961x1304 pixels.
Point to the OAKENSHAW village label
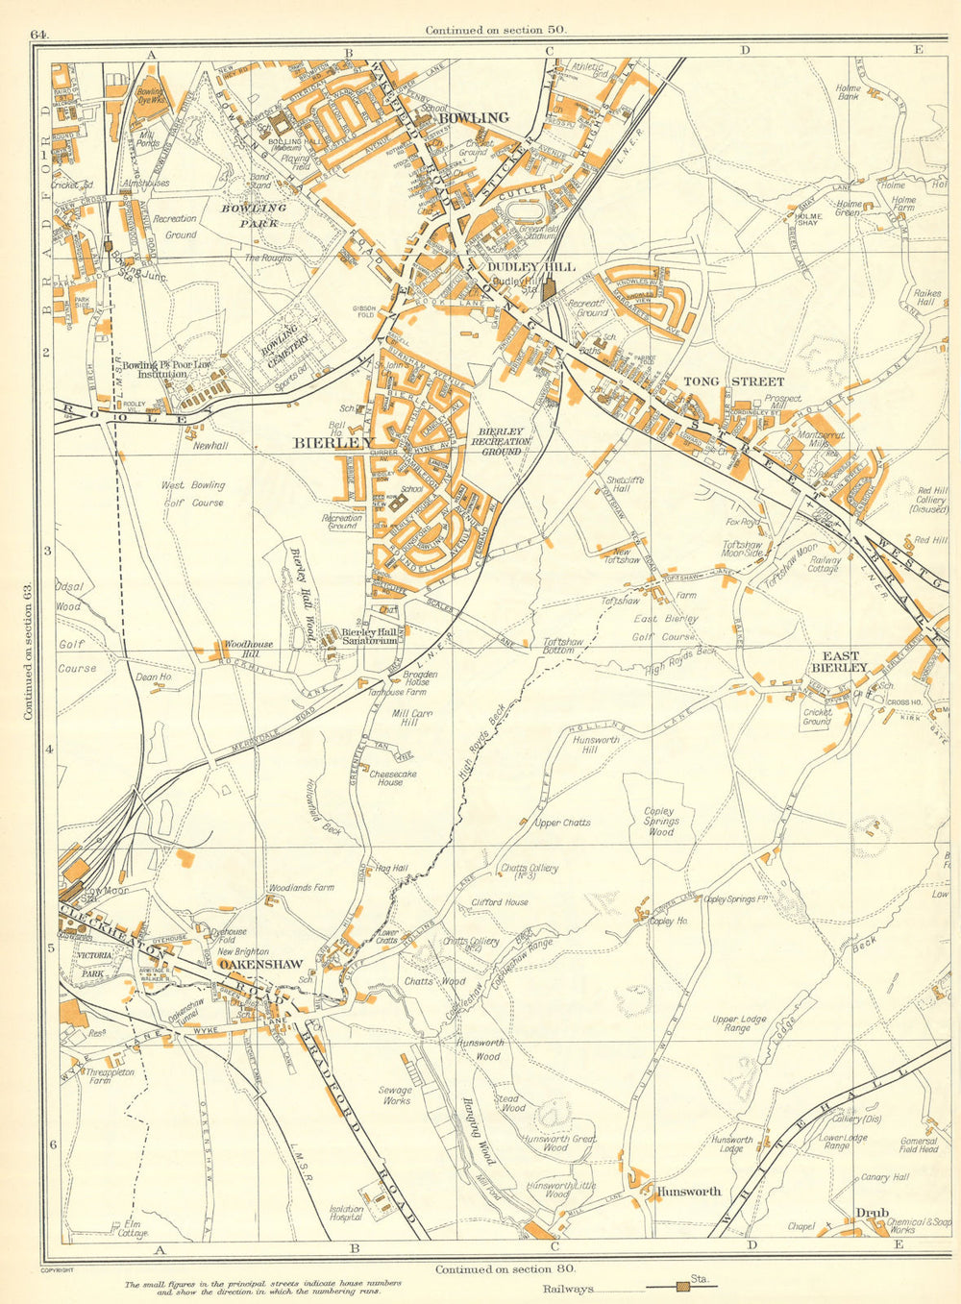[x=260, y=964]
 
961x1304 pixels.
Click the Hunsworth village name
[x=688, y=1192]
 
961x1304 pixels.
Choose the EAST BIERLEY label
[x=840, y=661]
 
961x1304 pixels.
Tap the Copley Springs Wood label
[x=661, y=822]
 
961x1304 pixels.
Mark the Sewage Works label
[x=395, y=1095]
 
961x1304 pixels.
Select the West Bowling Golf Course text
[x=193, y=494]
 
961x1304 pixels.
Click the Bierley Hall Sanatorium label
[x=370, y=635]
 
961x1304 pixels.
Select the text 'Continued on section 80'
[x=505, y=1268]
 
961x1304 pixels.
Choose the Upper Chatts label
[x=562, y=823]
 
